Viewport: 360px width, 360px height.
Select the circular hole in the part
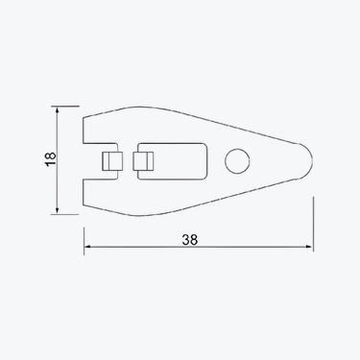236,160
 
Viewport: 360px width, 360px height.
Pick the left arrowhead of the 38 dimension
89,249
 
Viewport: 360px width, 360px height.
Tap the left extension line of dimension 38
84,235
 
